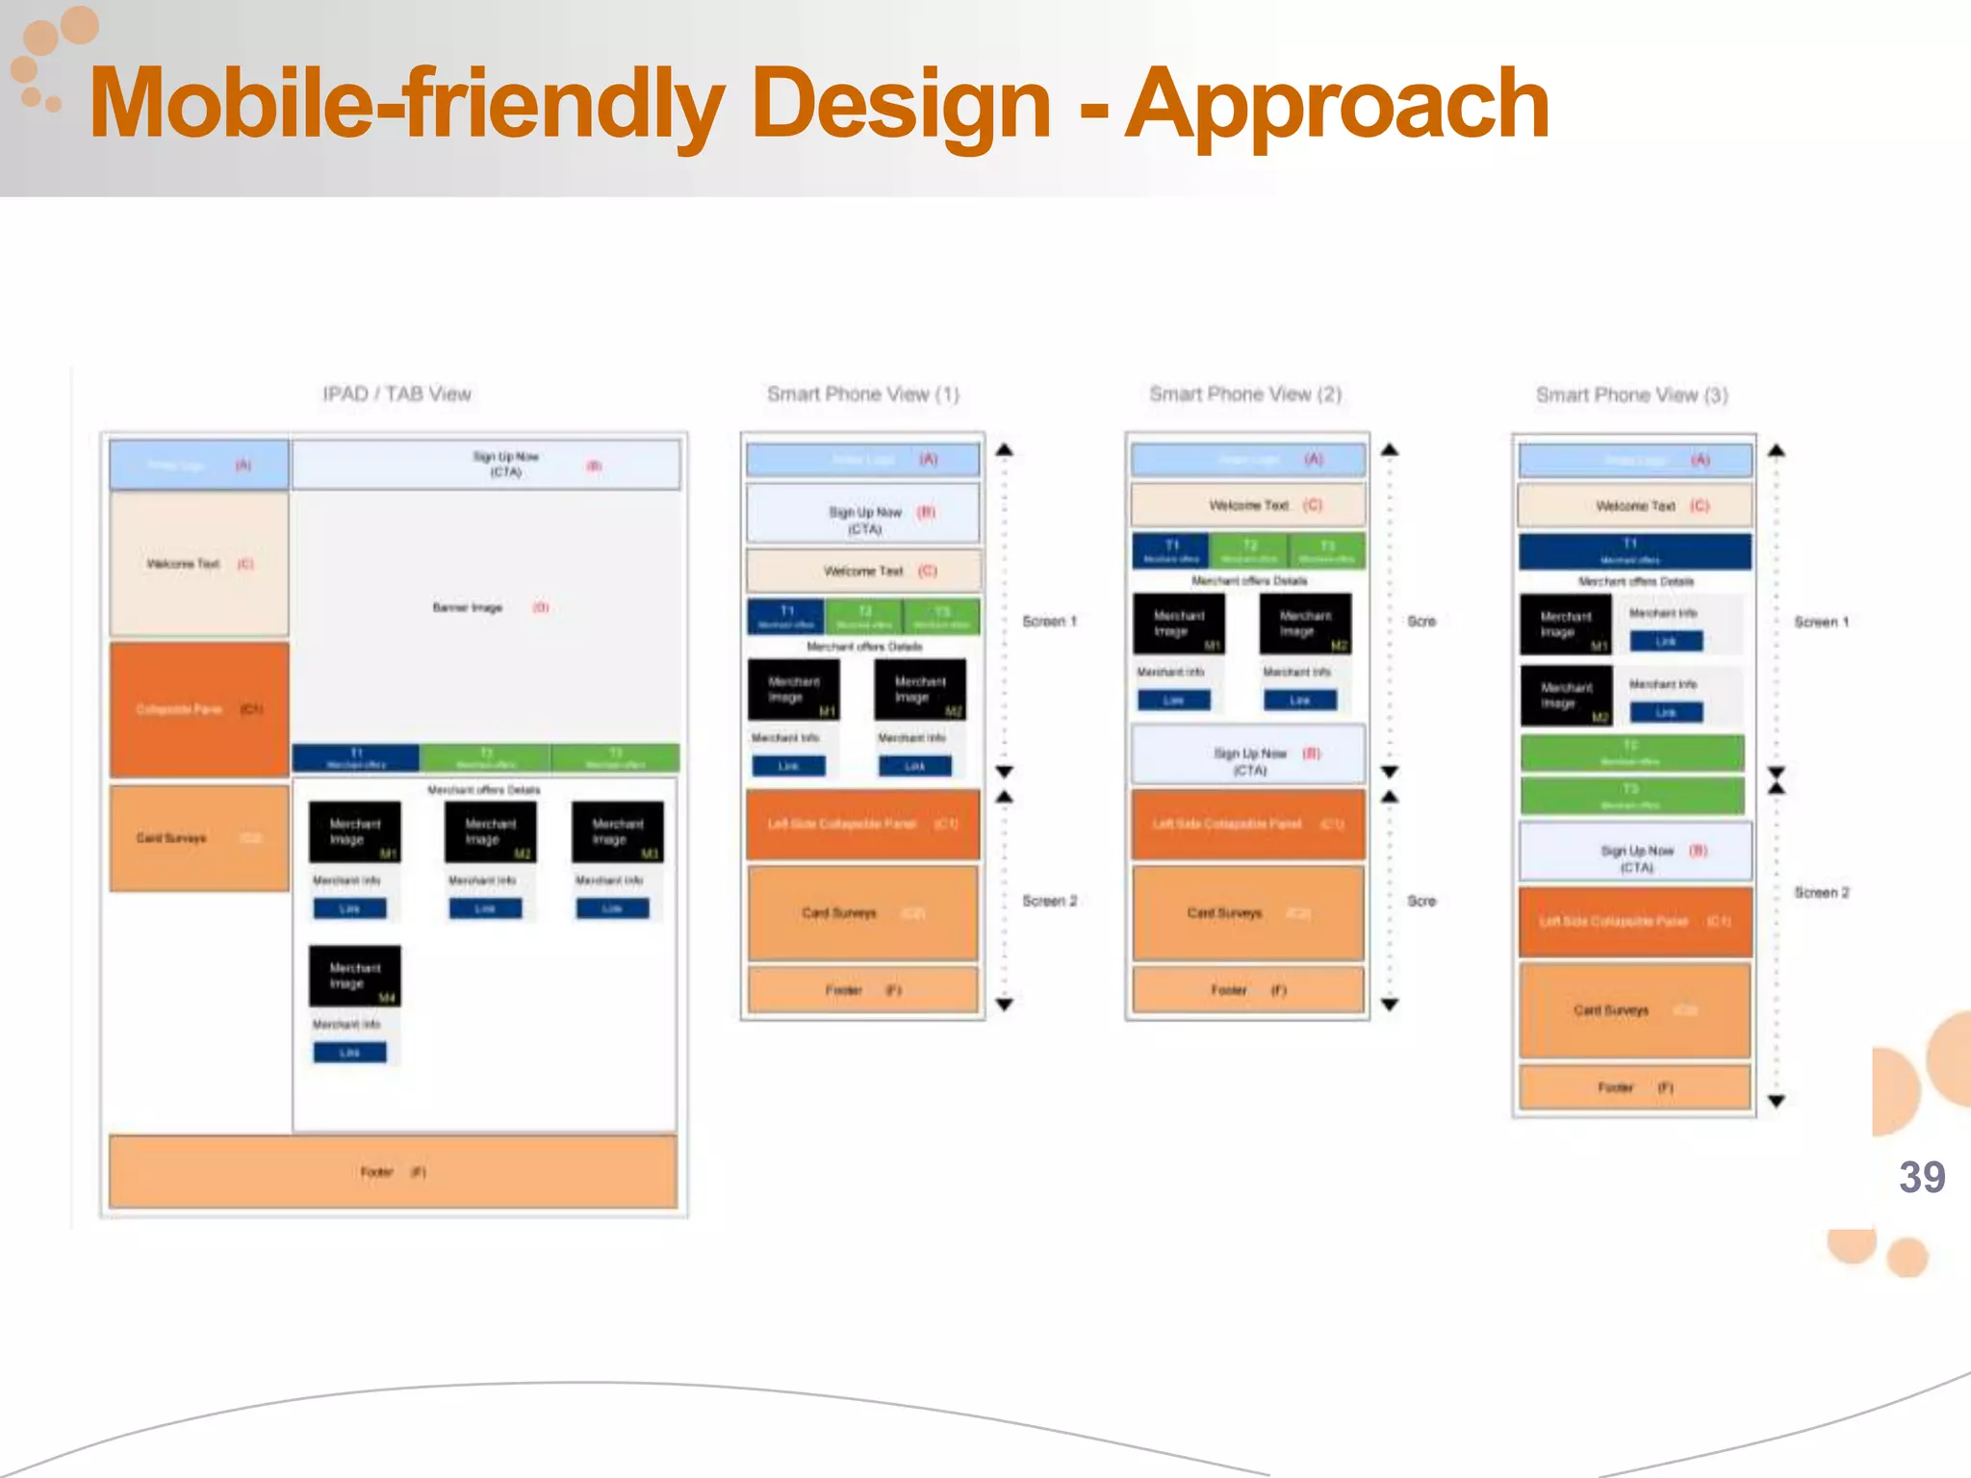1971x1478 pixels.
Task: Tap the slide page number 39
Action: (x=1921, y=1177)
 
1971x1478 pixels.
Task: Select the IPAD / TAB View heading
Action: (x=397, y=394)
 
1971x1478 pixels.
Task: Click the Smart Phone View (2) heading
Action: (x=1244, y=394)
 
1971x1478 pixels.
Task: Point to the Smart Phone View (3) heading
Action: (x=1631, y=395)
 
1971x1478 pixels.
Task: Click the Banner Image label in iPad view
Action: (x=468, y=607)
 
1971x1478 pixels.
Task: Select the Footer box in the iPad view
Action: (x=393, y=1171)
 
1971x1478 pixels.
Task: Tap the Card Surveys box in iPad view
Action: (x=199, y=837)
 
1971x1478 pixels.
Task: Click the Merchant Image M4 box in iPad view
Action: (x=354, y=976)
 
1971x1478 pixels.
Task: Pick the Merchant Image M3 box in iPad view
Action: (x=617, y=831)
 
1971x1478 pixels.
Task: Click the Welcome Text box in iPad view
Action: (x=199, y=564)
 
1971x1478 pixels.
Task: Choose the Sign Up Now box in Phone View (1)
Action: (x=863, y=520)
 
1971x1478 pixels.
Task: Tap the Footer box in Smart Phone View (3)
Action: (x=1634, y=1087)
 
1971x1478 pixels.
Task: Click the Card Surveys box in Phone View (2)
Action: (x=1247, y=912)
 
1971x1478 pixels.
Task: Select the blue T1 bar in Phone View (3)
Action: (x=1634, y=551)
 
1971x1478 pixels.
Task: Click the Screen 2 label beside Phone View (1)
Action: (x=1049, y=901)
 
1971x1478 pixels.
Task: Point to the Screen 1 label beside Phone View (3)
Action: (x=1821, y=622)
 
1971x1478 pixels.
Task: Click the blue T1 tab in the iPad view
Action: (x=356, y=757)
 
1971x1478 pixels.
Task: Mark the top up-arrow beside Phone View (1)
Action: (x=1004, y=449)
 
